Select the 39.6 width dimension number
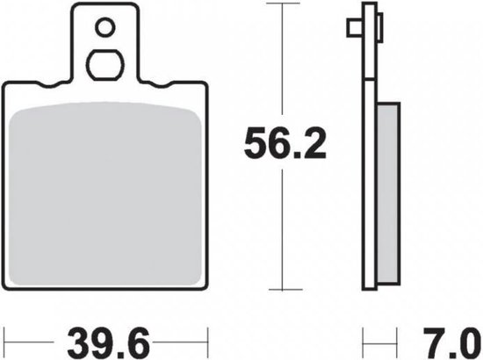(108, 342)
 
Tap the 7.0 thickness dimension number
(452, 342)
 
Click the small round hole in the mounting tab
(105, 27)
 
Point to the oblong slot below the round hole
(105, 65)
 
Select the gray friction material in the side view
(389, 194)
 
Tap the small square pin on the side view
(354, 28)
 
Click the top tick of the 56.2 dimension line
(283, 4)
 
